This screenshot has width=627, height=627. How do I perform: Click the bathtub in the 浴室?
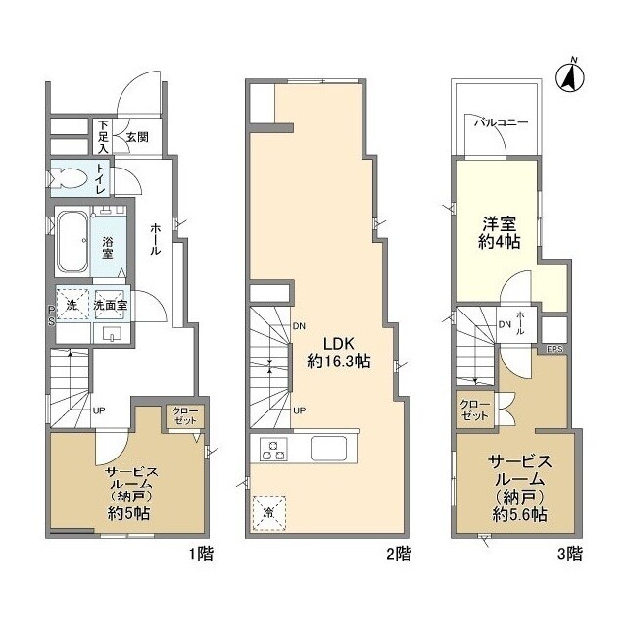click(x=71, y=241)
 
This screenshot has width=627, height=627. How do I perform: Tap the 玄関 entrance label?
click(x=135, y=137)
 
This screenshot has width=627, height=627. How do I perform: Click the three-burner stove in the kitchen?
click(x=272, y=450)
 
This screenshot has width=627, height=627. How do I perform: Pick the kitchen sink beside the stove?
click(x=331, y=450)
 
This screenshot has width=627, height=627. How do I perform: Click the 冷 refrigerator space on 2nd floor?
click(x=268, y=512)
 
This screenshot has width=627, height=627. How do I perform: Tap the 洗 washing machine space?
click(x=71, y=305)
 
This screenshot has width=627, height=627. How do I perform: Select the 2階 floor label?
click(x=398, y=554)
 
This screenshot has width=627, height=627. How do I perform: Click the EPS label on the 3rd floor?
click(x=555, y=348)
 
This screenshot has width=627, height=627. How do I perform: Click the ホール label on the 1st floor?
click(x=156, y=238)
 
